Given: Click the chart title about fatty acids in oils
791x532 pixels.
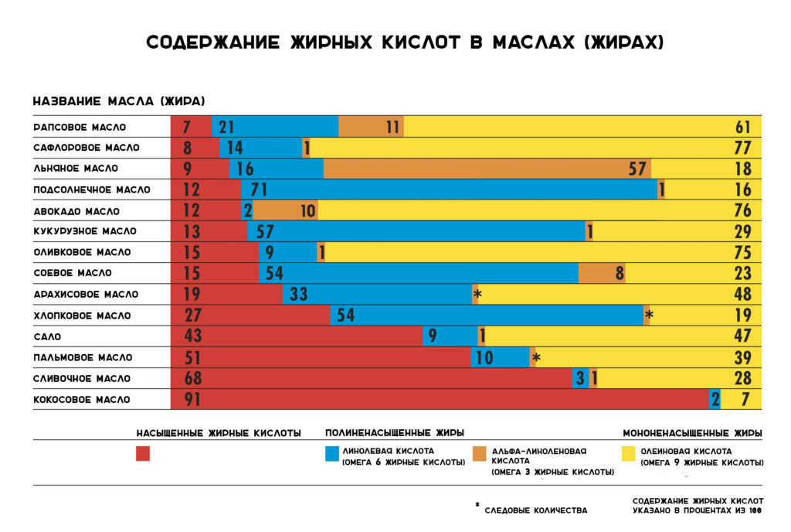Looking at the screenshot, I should (x=404, y=43).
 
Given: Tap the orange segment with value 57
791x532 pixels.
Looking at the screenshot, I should (x=487, y=169).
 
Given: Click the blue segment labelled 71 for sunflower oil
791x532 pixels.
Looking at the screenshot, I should (x=449, y=189).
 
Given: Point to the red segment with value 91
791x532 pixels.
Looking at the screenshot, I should (x=440, y=399).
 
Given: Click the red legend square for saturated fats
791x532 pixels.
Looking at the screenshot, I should (x=143, y=454).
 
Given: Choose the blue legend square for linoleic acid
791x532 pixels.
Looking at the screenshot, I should (x=332, y=454).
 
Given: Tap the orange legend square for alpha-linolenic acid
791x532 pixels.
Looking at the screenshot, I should (x=478, y=454).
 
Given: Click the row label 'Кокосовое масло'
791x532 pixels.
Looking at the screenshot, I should (x=82, y=400).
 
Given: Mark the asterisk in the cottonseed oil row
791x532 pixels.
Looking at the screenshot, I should (x=649, y=315).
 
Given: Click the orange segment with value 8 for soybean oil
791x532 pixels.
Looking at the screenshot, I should (x=602, y=273).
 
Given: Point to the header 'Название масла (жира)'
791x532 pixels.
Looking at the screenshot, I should (x=118, y=102).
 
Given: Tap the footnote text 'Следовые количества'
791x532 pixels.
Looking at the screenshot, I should (x=535, y=510).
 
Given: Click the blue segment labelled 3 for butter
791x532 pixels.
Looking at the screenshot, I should (x=580, y=378).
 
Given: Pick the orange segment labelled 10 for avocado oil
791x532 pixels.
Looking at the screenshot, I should (x=286, y=210).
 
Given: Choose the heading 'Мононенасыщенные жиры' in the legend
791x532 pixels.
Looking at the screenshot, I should (x=693, y=433).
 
